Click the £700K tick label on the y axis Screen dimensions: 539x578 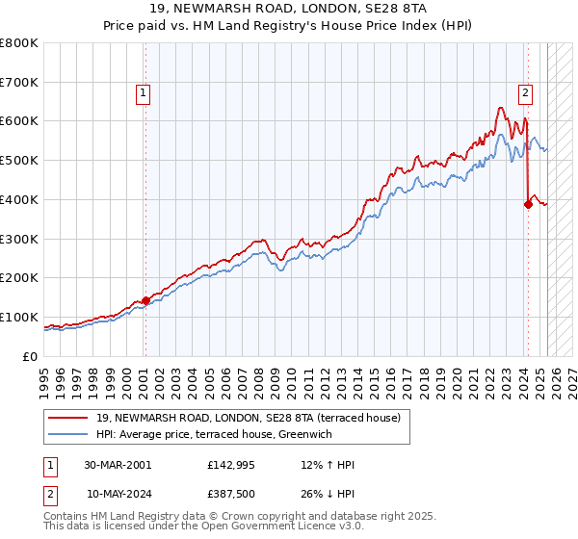[x=19, y=83]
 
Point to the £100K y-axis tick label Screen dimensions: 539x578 [x=19, y=317]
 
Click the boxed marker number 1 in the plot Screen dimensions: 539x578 [x=143, y=93]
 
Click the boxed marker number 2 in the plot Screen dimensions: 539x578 [x=525, y=93]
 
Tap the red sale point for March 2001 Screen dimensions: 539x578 [x=145, y=300]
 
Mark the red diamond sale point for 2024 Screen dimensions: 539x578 [x=529, y=204]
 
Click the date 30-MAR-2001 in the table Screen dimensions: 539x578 [x=118, y=464]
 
